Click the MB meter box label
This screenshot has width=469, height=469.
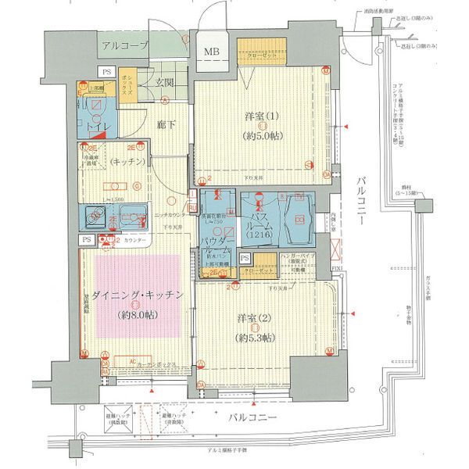[x=212, y=53]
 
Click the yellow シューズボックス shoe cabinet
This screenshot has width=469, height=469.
[x=127, y=84]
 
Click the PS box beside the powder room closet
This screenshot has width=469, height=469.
[x=245, y=259]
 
